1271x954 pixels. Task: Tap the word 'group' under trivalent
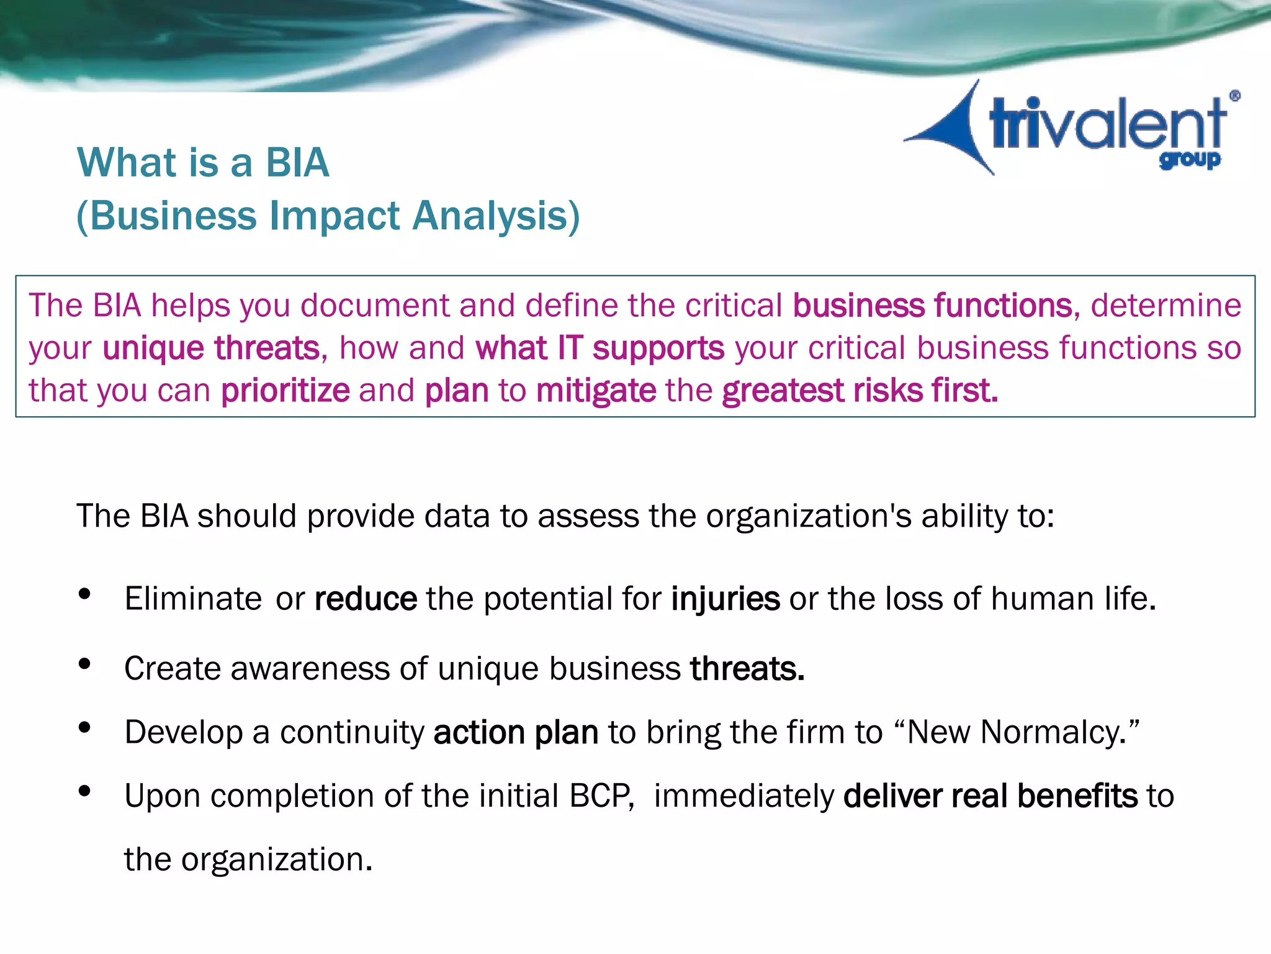[x=1189, y=160]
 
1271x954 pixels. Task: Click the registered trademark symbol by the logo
[x=1234, y=96]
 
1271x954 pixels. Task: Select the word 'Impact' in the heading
[x=335, y=216]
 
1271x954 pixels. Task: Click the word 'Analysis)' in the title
[x=496, y=216]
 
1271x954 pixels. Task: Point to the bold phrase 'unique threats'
[x=211, y=348]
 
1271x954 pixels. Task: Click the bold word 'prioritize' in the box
[x=285, y=391]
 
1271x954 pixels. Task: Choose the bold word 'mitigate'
[x=596, y=391]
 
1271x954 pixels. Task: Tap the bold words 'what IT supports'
[x=600, y=348]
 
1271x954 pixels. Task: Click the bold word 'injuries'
[x=725, y=599]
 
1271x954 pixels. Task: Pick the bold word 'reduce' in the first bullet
[x=366, y=599]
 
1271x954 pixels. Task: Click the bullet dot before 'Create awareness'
[x=85, y=664]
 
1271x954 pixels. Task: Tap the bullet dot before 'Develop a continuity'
[x=85, y=727]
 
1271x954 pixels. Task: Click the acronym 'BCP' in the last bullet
[x=601, y=796]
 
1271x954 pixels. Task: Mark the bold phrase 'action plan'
[x=516, y=732]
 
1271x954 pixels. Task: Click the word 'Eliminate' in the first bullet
[x=193, y=599]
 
